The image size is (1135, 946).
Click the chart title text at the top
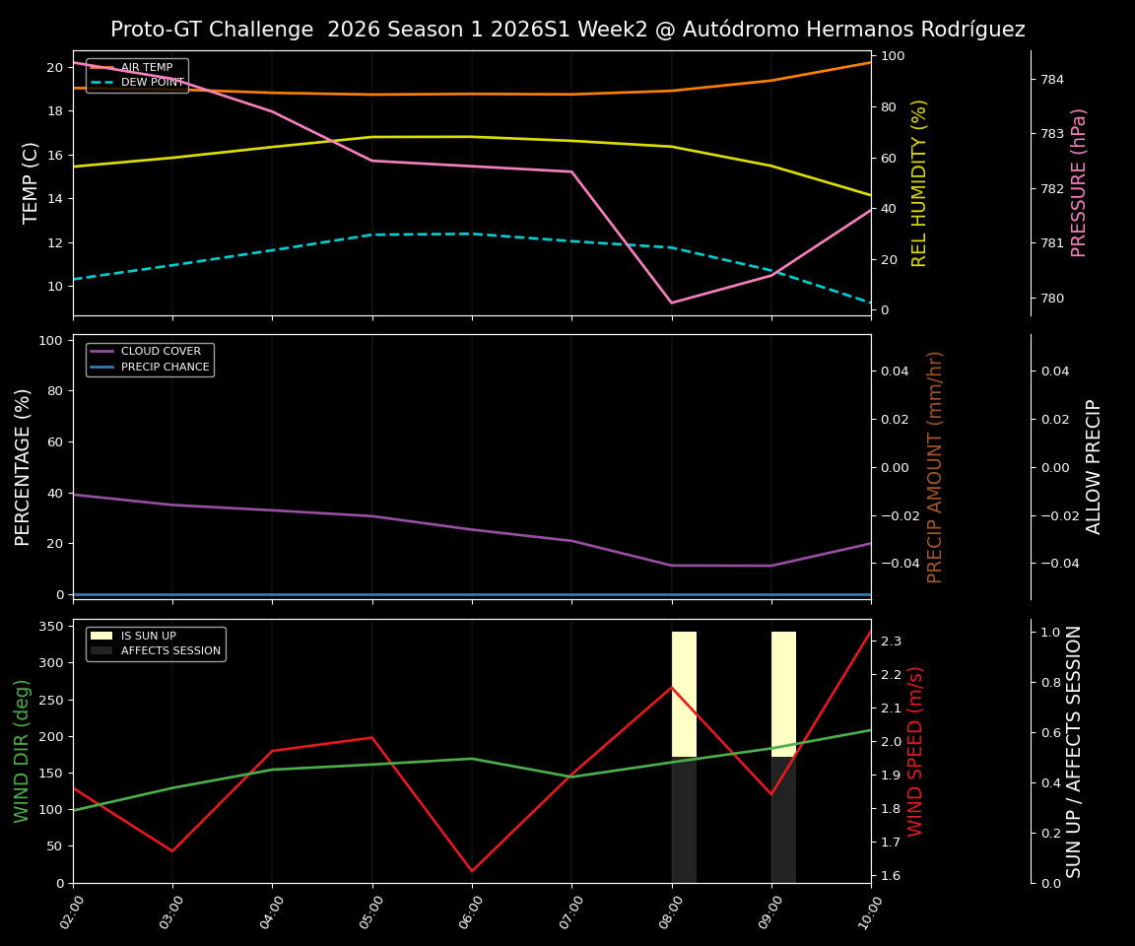pos(567,30)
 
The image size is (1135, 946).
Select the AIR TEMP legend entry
pos(147,68)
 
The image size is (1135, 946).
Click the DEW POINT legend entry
pos(152,83)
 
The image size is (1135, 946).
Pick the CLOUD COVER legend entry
pos(161,352)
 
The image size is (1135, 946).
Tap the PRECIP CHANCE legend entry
pos(165,368)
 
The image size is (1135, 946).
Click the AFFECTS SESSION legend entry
pos(170,651)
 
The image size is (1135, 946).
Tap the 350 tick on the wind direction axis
pos(53,627)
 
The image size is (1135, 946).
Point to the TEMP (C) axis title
pos(32,182)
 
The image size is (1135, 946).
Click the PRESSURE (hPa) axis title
pos(1079,182)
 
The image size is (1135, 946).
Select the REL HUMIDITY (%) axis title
pos(919,182)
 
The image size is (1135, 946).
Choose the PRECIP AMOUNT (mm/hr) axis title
pos(935,466)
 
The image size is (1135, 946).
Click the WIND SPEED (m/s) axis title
pos(915,751)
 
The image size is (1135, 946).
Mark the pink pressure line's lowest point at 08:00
pos(672,303)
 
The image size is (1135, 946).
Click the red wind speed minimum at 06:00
pos(472,871)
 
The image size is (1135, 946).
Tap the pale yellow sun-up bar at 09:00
pos(783,694)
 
